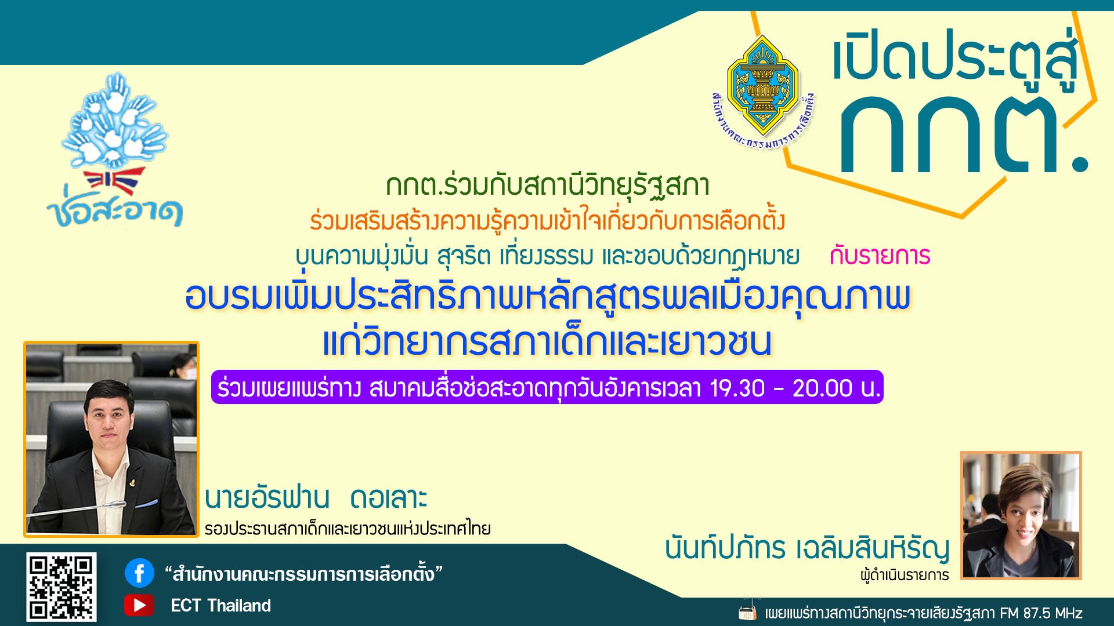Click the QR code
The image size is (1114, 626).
[61, 587]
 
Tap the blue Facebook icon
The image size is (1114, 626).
[139, 573]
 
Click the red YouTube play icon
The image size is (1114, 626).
[139, 605]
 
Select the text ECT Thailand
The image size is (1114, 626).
[220, 606]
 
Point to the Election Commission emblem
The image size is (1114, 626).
[762, 87]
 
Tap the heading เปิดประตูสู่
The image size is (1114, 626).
[954, 58]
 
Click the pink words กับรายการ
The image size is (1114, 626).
[880, 256]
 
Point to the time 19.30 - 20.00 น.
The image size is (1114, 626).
[795, 388]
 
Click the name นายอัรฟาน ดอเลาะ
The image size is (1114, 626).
[316, 498]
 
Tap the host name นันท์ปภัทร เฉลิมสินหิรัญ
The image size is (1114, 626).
[806, 548]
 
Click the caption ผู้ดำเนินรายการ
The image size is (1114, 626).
[904, 576]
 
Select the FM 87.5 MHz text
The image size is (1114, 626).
[1040, 613]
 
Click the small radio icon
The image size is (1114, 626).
[747, 612]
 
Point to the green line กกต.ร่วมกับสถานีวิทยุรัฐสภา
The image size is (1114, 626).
[547, 185]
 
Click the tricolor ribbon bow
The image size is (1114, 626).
[115, 180]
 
